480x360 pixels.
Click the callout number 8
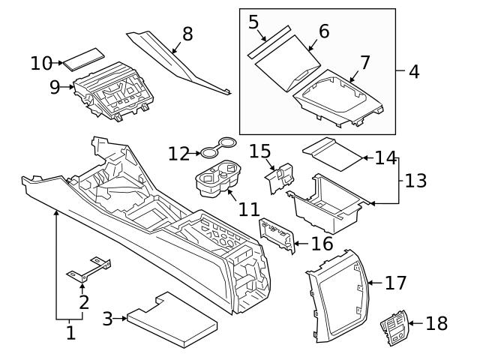[x=187, y=34]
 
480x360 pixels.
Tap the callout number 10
[x=41, y=64]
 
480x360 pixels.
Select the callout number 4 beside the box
[x=414, y=73]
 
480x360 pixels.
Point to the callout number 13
[x=415, y=181]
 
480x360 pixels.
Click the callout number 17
[x=395, y=283]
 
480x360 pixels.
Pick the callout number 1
[x=70, y=332]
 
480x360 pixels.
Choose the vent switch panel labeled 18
[x=395, y=324]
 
